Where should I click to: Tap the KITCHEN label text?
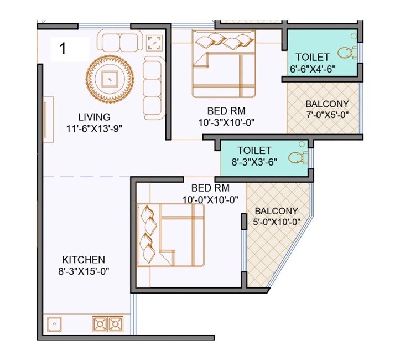(84, 259)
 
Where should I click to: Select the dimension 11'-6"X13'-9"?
(93, 128)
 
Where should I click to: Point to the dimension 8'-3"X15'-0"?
(84, 271)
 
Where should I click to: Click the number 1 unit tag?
(63, 49)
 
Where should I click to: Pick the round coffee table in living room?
(111, 78)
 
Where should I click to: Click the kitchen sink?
(55, 323)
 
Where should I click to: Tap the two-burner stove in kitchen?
(108, 323)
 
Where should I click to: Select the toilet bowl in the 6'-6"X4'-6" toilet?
(347, 53)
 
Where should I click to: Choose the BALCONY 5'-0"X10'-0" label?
(276, 216)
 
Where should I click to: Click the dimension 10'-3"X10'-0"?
(227, 122)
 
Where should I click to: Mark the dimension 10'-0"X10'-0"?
(210, 199)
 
